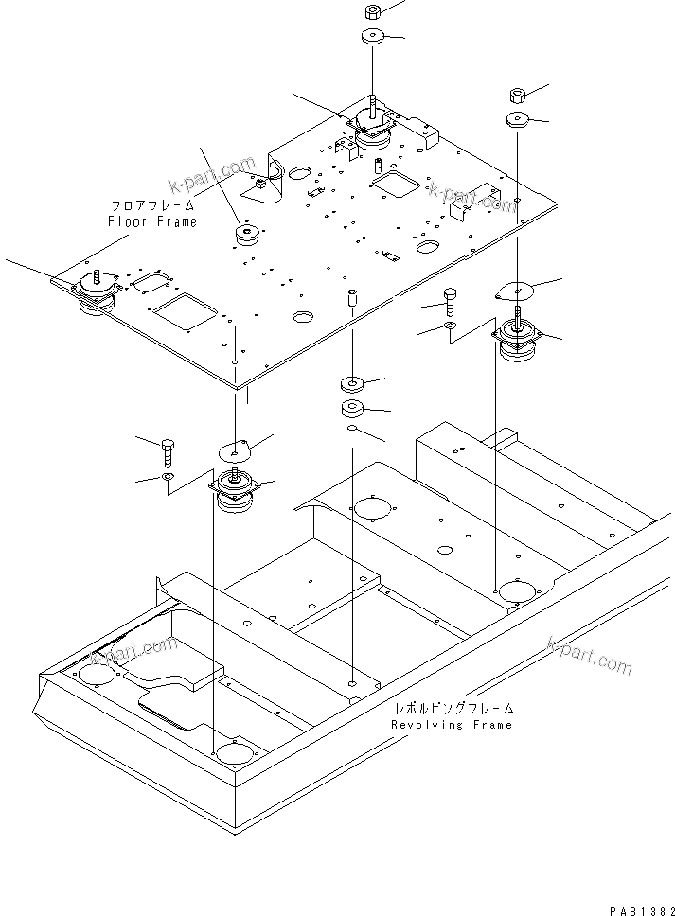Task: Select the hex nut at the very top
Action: (371, 12)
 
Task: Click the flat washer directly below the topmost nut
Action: (371, 39)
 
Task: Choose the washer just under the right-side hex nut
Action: (517, 120)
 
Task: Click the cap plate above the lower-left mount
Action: (237, 447)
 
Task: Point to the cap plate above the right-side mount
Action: (517, 291)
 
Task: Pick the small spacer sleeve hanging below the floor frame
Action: (352, 299)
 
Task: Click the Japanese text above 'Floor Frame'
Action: (152, 204)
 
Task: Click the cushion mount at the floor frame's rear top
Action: (374, 130)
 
